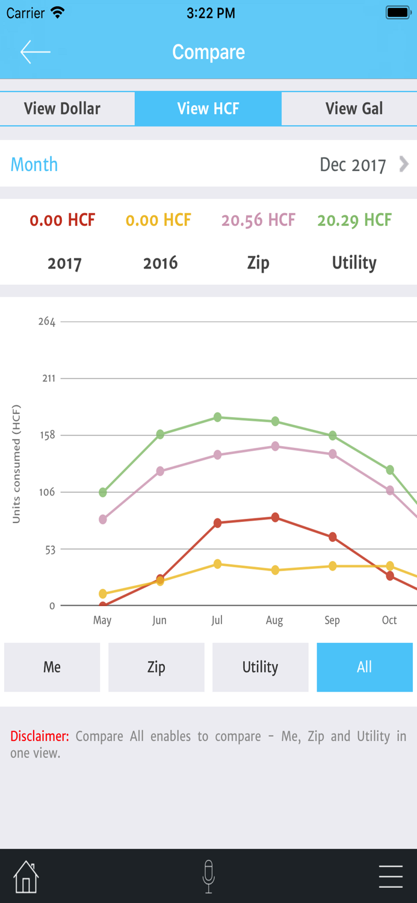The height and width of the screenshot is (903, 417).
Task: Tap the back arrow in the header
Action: [x=35, y=52]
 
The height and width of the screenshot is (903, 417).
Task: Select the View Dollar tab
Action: [x=62, y=108]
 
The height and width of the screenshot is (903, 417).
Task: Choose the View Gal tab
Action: [x=354, y=108]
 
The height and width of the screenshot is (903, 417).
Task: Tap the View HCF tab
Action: [x=208, y=108]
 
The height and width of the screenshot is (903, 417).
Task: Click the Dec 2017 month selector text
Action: [x=353, y=165]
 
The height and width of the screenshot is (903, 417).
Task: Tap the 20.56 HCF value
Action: [x=258, y=220]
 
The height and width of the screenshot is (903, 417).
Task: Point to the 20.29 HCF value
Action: [x=354, y=220]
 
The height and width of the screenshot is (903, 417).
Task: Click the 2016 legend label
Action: [x=161, y=263]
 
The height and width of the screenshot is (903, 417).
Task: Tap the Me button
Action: [x=52, y=667]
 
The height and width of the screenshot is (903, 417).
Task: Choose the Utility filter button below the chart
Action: [x=260, y=667]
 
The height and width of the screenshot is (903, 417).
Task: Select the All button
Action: [x=365, y=667]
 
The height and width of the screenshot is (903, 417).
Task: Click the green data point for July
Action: [x=217, y=417]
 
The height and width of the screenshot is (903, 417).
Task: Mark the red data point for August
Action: [x=275, y=517]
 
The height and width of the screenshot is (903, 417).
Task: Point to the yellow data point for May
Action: [x=103, y=594]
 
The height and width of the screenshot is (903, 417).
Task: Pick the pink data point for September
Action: [x=333, y=454]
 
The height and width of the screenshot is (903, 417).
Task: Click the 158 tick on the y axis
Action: [x=47, y=435]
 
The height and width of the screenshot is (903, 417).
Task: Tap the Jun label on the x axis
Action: [x=159, y=620]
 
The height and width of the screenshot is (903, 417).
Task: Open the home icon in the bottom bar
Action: [x=26, y=877]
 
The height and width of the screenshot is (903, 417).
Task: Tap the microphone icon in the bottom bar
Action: [x=209, y=877]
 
